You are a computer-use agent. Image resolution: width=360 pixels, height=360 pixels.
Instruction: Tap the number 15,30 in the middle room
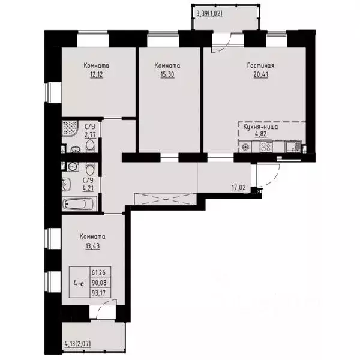(167, 76)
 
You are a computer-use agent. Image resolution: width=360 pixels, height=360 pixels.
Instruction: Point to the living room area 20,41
(260, 76)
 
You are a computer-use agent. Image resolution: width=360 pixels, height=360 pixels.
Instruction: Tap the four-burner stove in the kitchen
(265, 146)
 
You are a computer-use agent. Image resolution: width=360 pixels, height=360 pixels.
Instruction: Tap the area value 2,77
(89, 135)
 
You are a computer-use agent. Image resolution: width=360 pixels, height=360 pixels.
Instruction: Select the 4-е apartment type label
(77, 280)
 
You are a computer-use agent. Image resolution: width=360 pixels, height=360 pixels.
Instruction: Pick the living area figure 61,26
(98, 272)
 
